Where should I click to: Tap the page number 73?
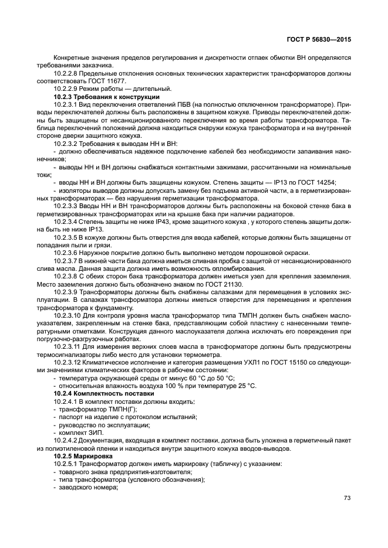pyautogui.click(x=347, y=498)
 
